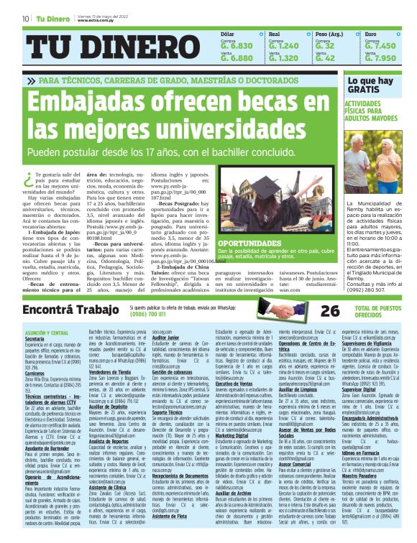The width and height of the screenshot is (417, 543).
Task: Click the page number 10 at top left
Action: click(26, 19)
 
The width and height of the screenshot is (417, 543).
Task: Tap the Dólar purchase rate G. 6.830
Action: click(237, 45)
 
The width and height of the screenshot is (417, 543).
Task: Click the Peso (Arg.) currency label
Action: click(329, 34)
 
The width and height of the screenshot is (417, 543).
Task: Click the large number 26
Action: click(329, 310)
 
